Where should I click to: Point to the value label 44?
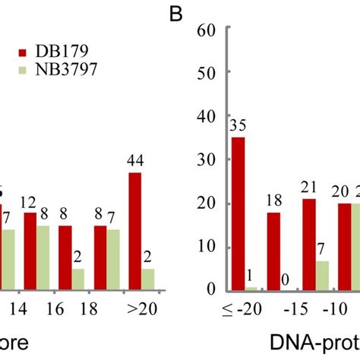click(x=135, y=161)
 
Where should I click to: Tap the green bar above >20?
click(x=148, y=279)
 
